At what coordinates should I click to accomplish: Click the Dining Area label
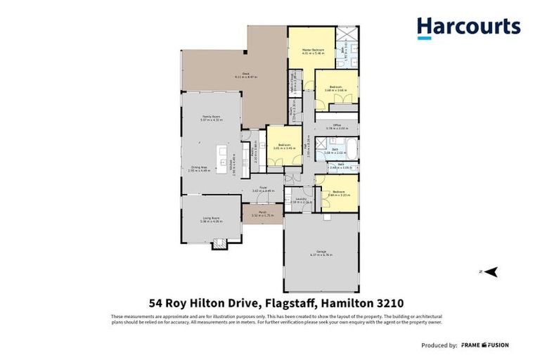pos(200,167)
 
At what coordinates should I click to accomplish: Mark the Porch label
pos(261,214)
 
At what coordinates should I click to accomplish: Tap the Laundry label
pos(300,200)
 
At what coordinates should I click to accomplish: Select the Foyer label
pos(261,188)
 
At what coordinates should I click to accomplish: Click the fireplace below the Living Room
pos(221,244)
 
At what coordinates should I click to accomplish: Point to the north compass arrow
pos(493,271)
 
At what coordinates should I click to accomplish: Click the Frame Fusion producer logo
pos(485,345)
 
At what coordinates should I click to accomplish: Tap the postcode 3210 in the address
pos(387,303)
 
